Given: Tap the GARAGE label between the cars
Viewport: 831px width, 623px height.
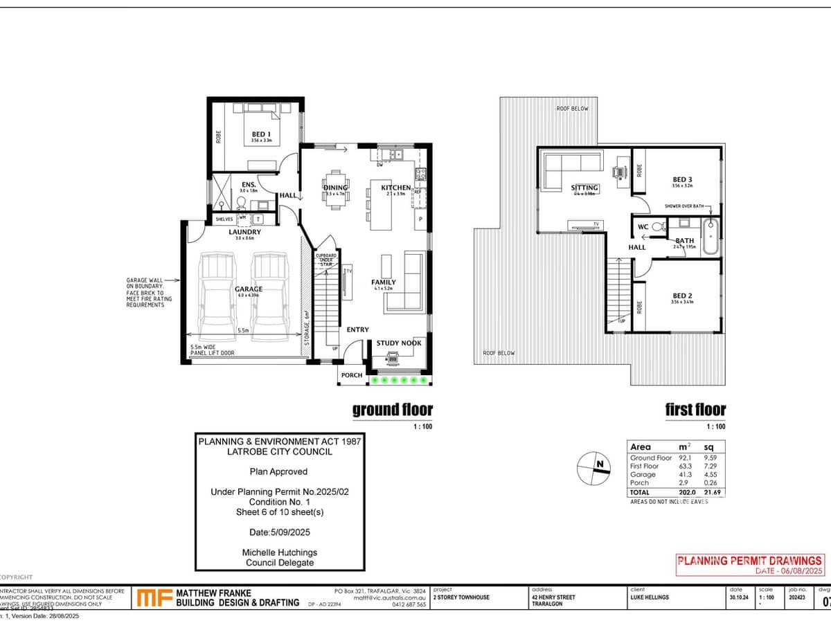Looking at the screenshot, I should [x=248, y=289].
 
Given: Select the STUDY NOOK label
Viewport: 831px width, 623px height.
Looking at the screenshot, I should [x=398, y=343].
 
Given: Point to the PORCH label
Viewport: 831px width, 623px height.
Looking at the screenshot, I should [x=352, y=375].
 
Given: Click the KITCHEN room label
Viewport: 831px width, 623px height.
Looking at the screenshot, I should [x=395, y=188].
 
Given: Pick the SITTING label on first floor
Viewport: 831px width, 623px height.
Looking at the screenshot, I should [x=584, y=188].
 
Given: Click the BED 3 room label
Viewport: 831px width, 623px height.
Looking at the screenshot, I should [x=682, y=179].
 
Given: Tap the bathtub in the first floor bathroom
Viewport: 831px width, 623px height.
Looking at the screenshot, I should [x=711, y=237].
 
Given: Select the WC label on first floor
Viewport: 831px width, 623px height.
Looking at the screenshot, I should [x=642, y=227].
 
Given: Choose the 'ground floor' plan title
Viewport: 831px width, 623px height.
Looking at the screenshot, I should [x=392, y=410].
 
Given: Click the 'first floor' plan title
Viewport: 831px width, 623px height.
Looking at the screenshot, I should [x=695, y=410].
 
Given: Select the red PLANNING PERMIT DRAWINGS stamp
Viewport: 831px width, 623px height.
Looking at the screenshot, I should [x=749, y=561].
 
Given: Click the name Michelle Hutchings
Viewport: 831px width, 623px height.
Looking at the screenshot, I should [x=278, y=552].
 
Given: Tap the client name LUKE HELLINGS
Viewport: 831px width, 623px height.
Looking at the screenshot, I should [x=650, y=597].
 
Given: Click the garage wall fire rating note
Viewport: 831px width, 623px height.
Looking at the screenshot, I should [x=145, y=293].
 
